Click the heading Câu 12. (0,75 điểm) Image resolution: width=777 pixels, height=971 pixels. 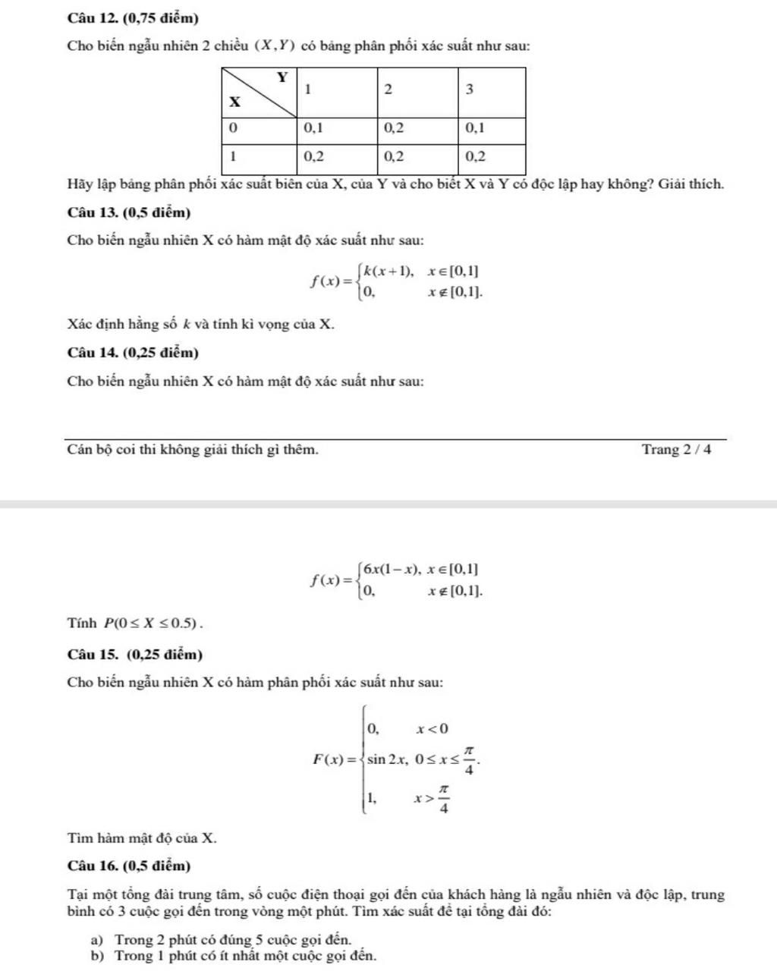click(x=133, y=17)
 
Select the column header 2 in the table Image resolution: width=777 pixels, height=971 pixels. click(x=388, y=90)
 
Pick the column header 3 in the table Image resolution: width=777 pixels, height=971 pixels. click(x=469, y=90)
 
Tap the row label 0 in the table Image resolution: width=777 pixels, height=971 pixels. click(x=233, y=128)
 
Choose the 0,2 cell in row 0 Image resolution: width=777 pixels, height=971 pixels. click(x=394, y=128)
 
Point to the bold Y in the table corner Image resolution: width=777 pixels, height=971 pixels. click(x=282, y=77)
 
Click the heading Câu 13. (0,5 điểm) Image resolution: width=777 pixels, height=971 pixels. click(x=129, y=212)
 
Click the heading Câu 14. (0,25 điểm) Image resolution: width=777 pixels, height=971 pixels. click(x=133, y=353)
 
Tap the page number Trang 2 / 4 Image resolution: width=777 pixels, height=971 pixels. click(x=677, y=449)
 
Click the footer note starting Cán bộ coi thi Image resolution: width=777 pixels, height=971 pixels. click(x=193, y=449)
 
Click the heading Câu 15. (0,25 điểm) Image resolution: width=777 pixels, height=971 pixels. click(x=135, y=654)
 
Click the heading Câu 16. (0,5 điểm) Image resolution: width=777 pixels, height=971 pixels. click(x=129, y=866)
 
